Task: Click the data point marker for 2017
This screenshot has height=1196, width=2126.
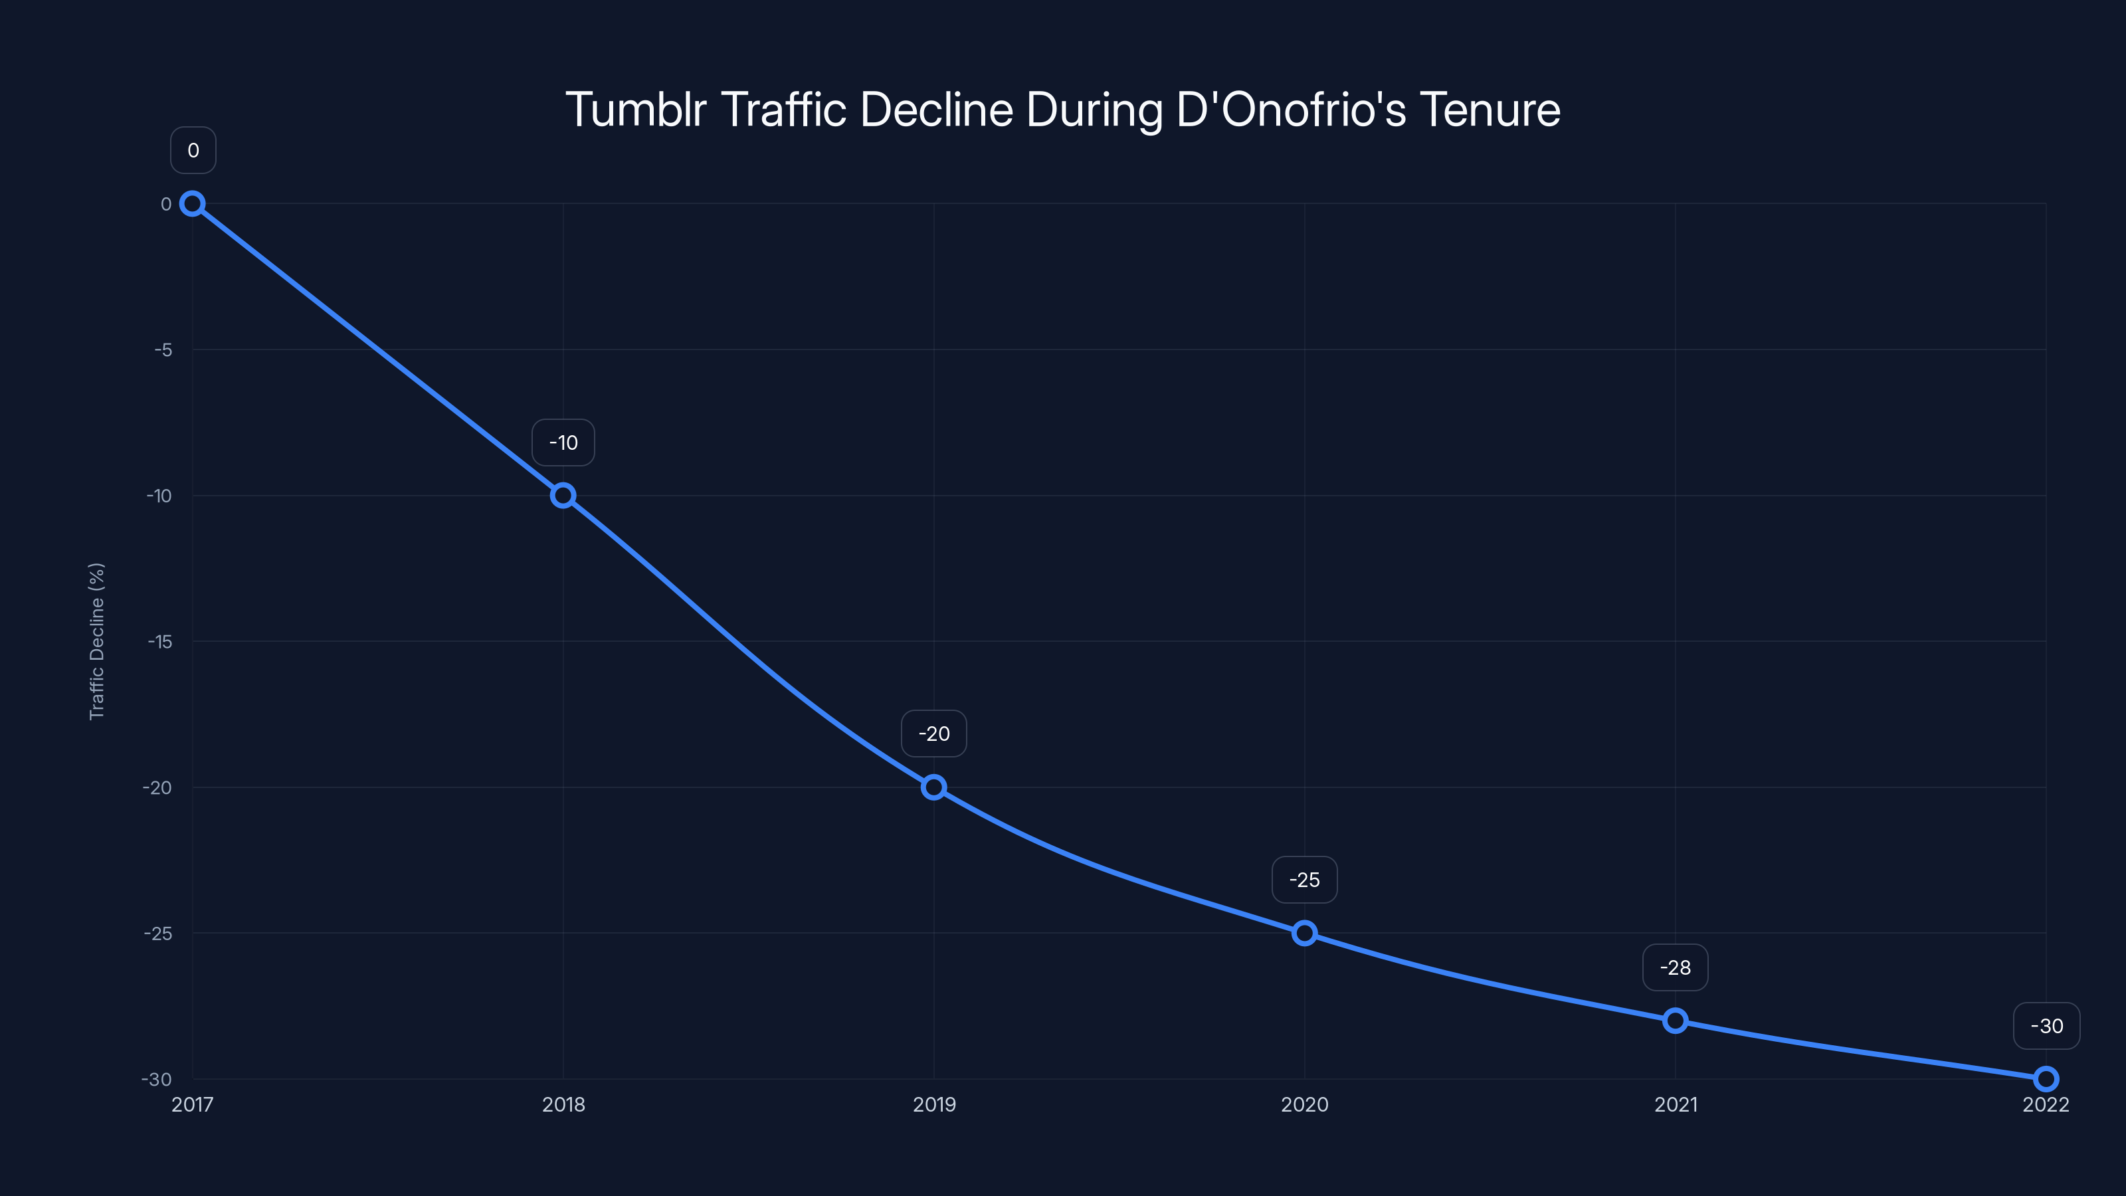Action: [192, 204]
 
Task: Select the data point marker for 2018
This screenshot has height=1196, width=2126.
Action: [563, 495]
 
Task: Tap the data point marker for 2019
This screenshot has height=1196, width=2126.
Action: [933, 787]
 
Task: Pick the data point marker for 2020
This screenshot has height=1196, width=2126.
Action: [1304, 934]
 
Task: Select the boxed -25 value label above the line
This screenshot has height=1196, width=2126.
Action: [1304, 880]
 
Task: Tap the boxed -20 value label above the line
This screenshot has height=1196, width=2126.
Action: [933, 734]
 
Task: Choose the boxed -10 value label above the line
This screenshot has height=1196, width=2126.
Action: [563, 443]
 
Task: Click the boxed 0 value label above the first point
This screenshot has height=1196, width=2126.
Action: [193, 150]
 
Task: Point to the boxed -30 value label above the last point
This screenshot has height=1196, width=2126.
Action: [2047, 1026]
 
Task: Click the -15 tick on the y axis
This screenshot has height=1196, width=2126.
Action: [160, 641]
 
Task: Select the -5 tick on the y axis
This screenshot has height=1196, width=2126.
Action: [163, 350]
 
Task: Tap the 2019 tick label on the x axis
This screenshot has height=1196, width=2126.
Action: [933, 1104]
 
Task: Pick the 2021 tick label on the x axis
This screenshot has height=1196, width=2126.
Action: [1676, 1104]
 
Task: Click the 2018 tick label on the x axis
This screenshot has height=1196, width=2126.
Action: [563, 1104]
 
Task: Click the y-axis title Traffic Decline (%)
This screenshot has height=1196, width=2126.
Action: [96, 641]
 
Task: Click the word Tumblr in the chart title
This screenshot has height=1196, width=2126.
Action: [636, 110]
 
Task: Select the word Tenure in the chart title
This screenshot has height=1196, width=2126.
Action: [1490, 110]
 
